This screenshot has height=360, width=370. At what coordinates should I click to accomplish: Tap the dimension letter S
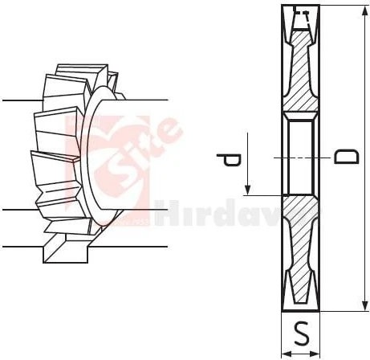click(301, 330)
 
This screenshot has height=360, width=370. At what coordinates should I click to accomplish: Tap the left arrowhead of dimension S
click(286, 351)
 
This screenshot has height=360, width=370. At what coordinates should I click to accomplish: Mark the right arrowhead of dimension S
click(317, 351)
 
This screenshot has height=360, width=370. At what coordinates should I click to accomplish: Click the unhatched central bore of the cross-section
click(301, 155)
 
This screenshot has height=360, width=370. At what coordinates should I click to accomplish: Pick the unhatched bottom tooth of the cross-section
click(301, 293)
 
